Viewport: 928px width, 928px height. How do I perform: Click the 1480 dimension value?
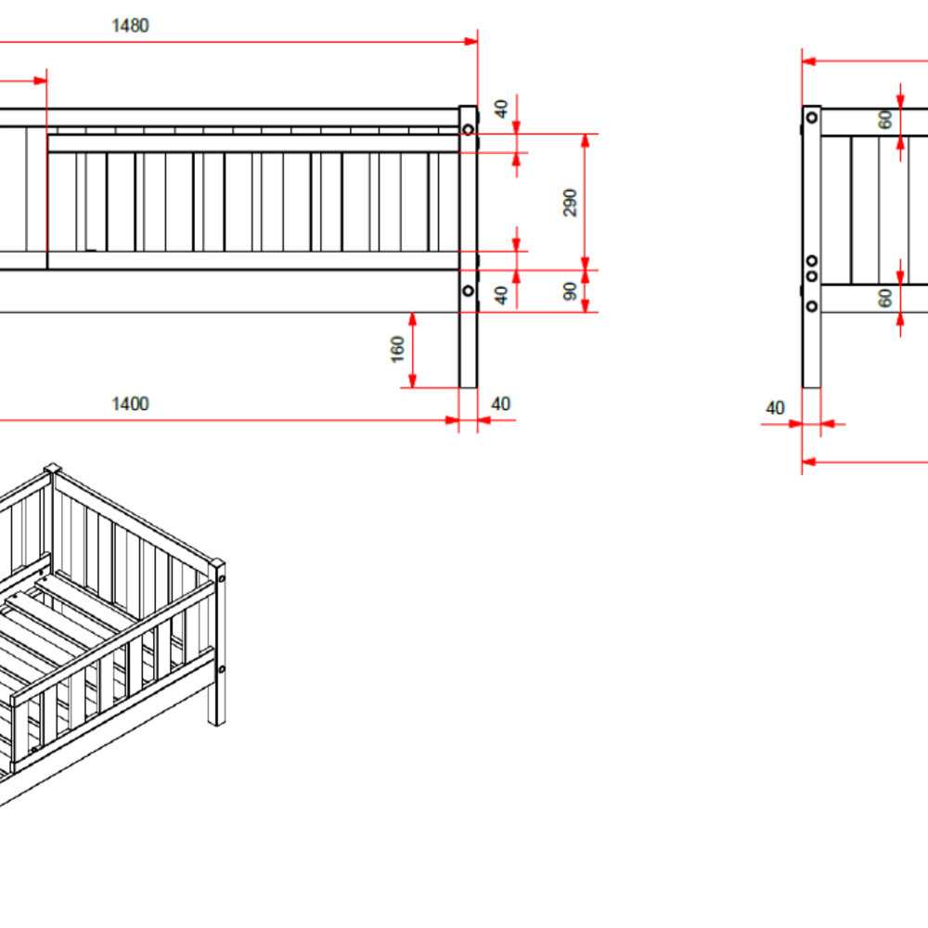pos(130,26)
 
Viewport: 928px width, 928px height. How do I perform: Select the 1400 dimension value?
pos(130,405)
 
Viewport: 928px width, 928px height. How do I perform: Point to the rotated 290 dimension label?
pos(570,203)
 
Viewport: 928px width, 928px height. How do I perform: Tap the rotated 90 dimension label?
pos(570,291)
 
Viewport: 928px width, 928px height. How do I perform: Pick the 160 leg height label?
pos(398,349)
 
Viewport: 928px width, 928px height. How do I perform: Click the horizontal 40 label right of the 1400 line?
pos(501,405)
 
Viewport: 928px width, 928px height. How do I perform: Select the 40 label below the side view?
pos(775,408)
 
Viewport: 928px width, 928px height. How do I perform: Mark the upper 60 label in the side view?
pos(885,120)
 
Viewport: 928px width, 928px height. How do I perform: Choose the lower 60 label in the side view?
pos(885,298)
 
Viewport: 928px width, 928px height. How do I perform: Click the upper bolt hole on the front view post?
pos(468,129)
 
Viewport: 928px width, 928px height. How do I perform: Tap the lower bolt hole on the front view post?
pos(468,290)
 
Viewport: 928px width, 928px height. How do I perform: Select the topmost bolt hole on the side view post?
pos(812,118)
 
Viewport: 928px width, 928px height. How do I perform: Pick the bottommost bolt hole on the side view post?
pos(812,306)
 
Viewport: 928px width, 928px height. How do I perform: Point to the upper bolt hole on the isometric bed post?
pos(222,578)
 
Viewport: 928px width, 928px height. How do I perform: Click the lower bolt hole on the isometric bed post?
pos(222,669)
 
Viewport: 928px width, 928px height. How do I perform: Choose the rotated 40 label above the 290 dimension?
pos(501,109)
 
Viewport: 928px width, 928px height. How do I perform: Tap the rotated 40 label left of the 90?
pos(501,295)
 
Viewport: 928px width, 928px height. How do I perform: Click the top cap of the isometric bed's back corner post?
pos(53,469)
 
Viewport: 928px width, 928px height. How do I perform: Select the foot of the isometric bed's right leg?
pos(216,722)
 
